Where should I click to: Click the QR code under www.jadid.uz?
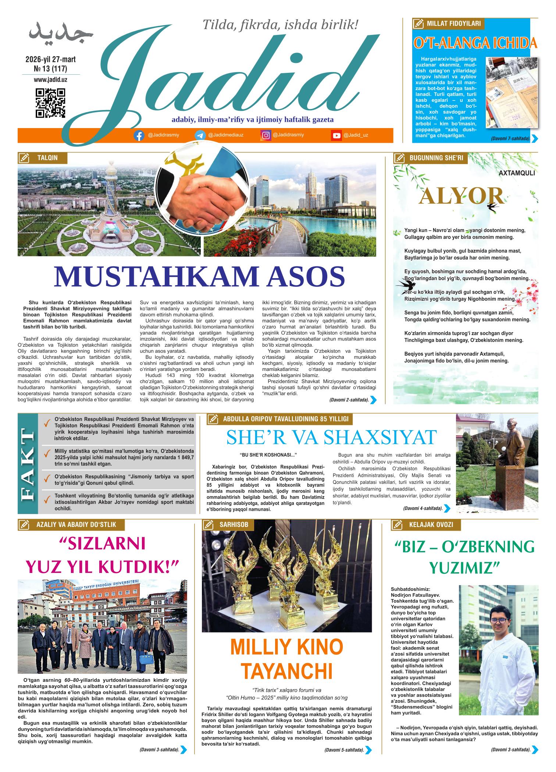tap(50, 103)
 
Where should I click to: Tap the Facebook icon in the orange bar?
tap(139, 135)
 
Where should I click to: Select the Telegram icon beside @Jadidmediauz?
tap(200, 135)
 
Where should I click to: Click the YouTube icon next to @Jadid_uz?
tap(336, 135)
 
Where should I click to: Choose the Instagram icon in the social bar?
tap(266, 135)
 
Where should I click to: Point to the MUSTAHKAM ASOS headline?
tap(199, 277)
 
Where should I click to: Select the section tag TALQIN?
tap(47, 158)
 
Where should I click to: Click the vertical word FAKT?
tap(28, 464)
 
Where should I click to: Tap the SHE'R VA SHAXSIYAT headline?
tap(331, 437)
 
